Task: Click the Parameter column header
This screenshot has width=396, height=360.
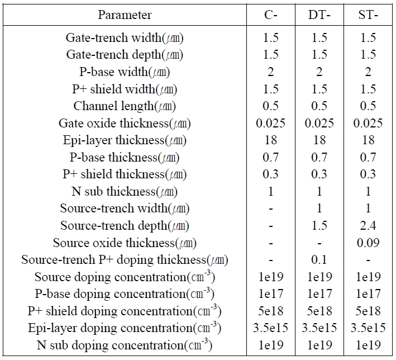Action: [x=125, y=15]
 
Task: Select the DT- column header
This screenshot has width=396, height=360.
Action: [x=319, y=15]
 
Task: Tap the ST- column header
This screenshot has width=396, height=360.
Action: [x=368, y=15]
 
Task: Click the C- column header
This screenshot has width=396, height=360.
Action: [x=271, y=15]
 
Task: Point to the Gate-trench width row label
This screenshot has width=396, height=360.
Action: [x=125, y=38]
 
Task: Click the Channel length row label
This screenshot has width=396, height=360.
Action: [x=125, y=106]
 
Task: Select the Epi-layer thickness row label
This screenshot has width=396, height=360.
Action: [x=125, y=140]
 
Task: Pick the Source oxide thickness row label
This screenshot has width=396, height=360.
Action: [x=125, y=243]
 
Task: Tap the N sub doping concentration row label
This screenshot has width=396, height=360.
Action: [x=125, y=345]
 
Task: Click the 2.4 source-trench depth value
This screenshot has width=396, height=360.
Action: [x=368, y=225]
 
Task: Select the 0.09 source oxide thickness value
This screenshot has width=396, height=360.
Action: [x=368, y=243]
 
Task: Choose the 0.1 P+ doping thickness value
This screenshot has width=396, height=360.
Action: [x=319, y=260]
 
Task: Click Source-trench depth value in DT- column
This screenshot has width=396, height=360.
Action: [x=319, y=225]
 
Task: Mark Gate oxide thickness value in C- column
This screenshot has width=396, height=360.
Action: [x=270, y=124]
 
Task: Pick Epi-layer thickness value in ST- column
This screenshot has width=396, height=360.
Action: [x=368, y=140]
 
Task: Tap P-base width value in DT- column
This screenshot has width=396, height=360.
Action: [x=319, y=72]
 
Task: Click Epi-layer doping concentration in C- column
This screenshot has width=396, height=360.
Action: [x=270, y=328]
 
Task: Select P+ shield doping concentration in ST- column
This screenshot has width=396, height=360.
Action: [x=368, y=311]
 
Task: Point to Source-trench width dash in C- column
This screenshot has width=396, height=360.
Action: [x=271, y=209]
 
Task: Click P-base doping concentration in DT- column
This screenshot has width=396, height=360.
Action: [x=319, y=294]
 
